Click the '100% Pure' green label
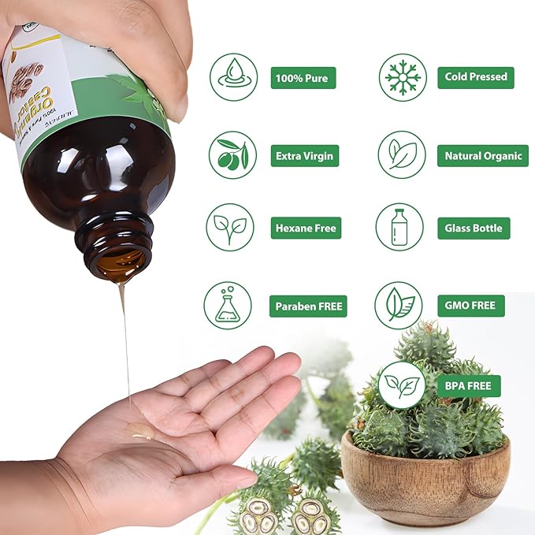pos(303,77)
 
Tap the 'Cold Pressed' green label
pos(476,77)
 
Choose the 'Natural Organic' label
pos(483,155)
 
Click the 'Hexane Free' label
pos(306,228)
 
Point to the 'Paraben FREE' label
pos(308,306)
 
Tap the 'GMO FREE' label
pos(470,306)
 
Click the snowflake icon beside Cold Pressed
pos(403,77)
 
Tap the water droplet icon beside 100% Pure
pos(233,77)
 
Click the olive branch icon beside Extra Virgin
pos(232,154)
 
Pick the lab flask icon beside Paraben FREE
pos(228,306)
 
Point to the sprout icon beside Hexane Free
pos(230,227)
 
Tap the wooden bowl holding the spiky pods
pos(425,484)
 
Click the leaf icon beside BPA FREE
pos(402,386)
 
